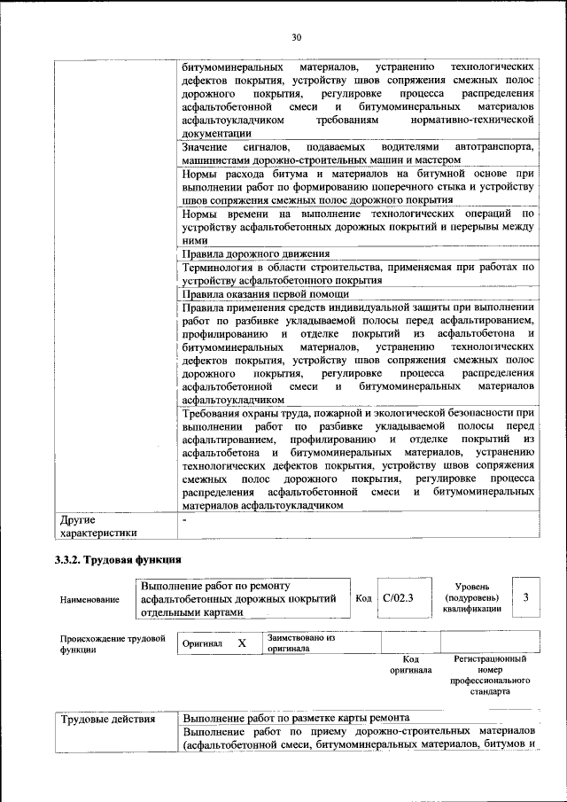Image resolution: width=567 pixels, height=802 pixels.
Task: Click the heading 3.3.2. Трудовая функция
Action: (119, 559)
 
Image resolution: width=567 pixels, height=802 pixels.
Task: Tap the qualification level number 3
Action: (526, 599)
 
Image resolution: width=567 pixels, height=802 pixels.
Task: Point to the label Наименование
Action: (89, 600)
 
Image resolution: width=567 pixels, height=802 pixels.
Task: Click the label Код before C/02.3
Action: (362, 599)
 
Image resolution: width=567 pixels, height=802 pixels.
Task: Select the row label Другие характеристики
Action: (97, 526)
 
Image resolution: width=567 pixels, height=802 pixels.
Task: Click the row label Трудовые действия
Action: (107, 718)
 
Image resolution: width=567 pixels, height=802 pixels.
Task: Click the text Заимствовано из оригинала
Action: (301, 642)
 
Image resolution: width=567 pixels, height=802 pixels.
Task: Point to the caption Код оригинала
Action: (410, 665)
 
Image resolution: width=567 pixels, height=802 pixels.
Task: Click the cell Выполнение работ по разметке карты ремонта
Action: (296, 718)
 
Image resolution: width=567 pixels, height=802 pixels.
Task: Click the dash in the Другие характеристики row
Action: (184, 519)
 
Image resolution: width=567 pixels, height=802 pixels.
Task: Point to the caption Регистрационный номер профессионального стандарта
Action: (490, 675)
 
